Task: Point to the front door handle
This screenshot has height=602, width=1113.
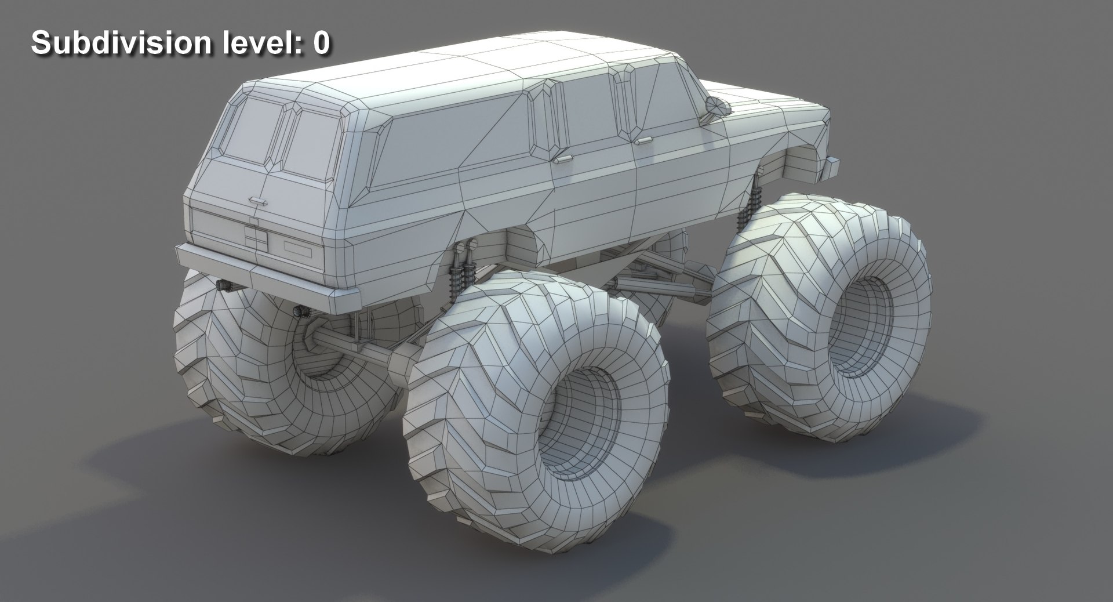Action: click(642, 140)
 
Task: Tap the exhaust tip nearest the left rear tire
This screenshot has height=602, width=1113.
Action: click(222, 284)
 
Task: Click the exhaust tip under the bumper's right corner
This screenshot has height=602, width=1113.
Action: click(301, 313)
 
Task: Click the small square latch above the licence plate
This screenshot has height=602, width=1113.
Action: click(253, 220)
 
